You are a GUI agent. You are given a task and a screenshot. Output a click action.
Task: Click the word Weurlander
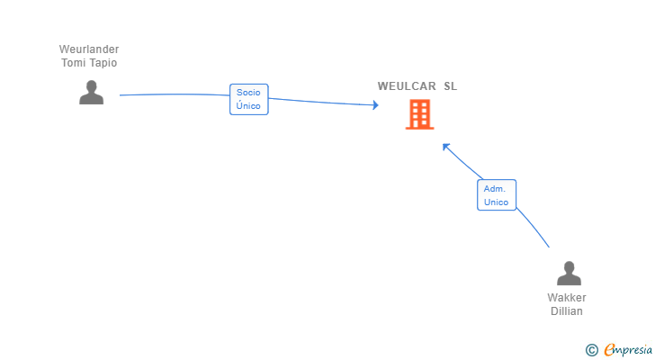point(89,49)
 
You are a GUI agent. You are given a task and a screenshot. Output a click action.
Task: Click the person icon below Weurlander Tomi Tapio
point(92,93)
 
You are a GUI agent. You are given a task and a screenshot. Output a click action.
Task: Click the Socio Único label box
point(249,99)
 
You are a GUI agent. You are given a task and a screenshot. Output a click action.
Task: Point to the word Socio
point(248,93)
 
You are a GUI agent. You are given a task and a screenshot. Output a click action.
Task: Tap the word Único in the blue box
point(248,105)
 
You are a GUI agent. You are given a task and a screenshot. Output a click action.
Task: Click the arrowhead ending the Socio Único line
point(375,104)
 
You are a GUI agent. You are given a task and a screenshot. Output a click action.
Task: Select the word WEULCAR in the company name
point(407,86)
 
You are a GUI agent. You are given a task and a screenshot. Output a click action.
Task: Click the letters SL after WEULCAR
point(450,86)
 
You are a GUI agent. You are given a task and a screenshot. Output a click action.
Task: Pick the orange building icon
point(420,114)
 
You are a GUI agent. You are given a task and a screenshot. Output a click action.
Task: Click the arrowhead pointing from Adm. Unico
point(445,147)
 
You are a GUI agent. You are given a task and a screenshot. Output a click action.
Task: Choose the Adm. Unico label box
point(497,195)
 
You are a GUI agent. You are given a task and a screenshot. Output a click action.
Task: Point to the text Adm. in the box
point(495,189)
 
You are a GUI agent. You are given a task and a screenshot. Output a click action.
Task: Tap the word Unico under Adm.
point(497,202)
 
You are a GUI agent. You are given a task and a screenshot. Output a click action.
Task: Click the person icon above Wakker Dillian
point(569,273)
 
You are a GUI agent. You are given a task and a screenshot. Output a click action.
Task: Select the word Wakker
point(567,298)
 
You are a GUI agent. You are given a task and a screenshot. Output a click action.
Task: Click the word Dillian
point(567,311)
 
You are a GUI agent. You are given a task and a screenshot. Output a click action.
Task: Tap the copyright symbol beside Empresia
point(591,350)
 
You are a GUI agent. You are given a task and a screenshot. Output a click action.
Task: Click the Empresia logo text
point(628,350)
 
